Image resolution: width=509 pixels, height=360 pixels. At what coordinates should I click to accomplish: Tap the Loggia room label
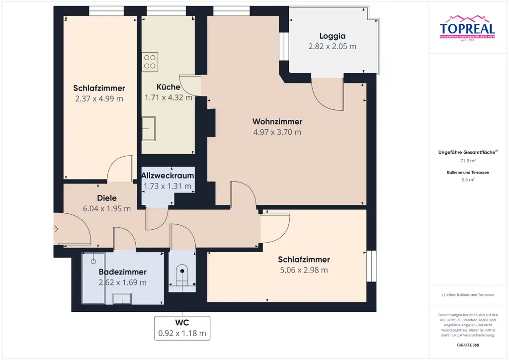pos(333,36)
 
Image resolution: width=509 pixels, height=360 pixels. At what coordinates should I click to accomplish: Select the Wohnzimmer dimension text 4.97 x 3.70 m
pos(277,132)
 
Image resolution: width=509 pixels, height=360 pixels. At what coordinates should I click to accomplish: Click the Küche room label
pos(168,87)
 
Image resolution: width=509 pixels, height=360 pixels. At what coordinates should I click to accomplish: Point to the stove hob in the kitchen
pos(150,61)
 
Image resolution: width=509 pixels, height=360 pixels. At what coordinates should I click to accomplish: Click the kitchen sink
pos(149,129)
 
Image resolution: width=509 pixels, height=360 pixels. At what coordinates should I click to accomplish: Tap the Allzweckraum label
pos(168,176)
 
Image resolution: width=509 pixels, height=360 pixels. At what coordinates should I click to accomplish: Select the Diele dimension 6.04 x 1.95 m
pos(106,208)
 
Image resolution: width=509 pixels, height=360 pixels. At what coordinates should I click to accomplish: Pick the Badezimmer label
pos(122,272)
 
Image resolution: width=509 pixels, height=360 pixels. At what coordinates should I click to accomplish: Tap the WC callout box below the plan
pos(182,328)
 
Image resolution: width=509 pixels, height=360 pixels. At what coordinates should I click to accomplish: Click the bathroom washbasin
pos(122,298)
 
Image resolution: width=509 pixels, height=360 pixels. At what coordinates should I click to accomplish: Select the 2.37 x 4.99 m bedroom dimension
pos(99,98)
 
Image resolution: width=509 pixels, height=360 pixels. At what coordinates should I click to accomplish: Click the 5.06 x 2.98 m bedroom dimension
pos(304,270)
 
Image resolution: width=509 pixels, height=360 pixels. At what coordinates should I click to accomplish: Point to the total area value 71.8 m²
pos(468,161)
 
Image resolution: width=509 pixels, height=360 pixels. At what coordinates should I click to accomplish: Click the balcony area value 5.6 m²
pos(468,180)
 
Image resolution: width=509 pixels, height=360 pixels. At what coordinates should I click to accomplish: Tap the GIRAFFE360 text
pos(468,345)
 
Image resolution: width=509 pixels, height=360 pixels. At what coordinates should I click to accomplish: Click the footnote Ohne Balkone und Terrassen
pos(468,295)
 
